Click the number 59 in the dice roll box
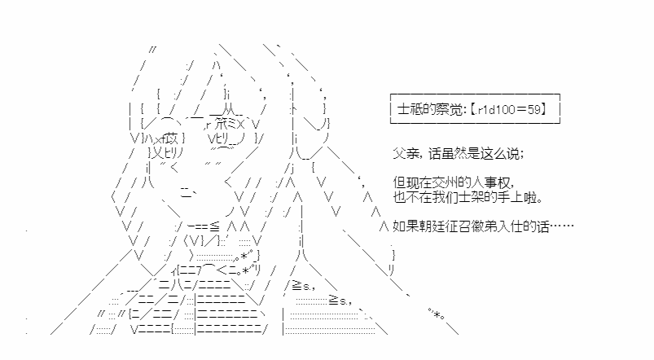pos(533,109)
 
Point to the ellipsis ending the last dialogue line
pos(562,226)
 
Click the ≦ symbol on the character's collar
pos(214,227)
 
